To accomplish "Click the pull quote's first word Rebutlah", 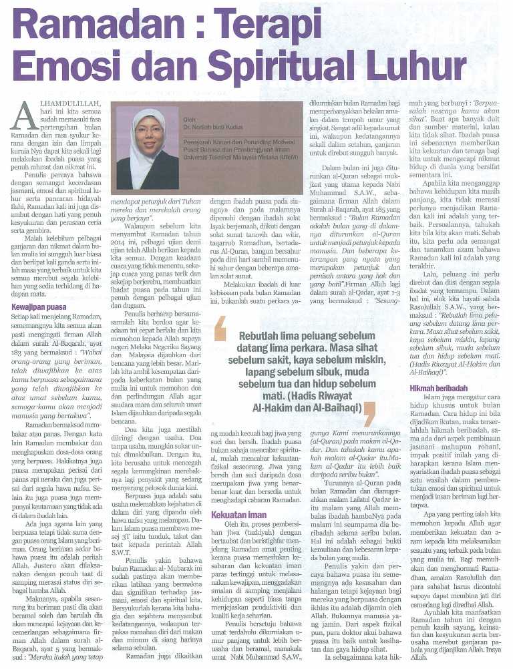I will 263,337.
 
